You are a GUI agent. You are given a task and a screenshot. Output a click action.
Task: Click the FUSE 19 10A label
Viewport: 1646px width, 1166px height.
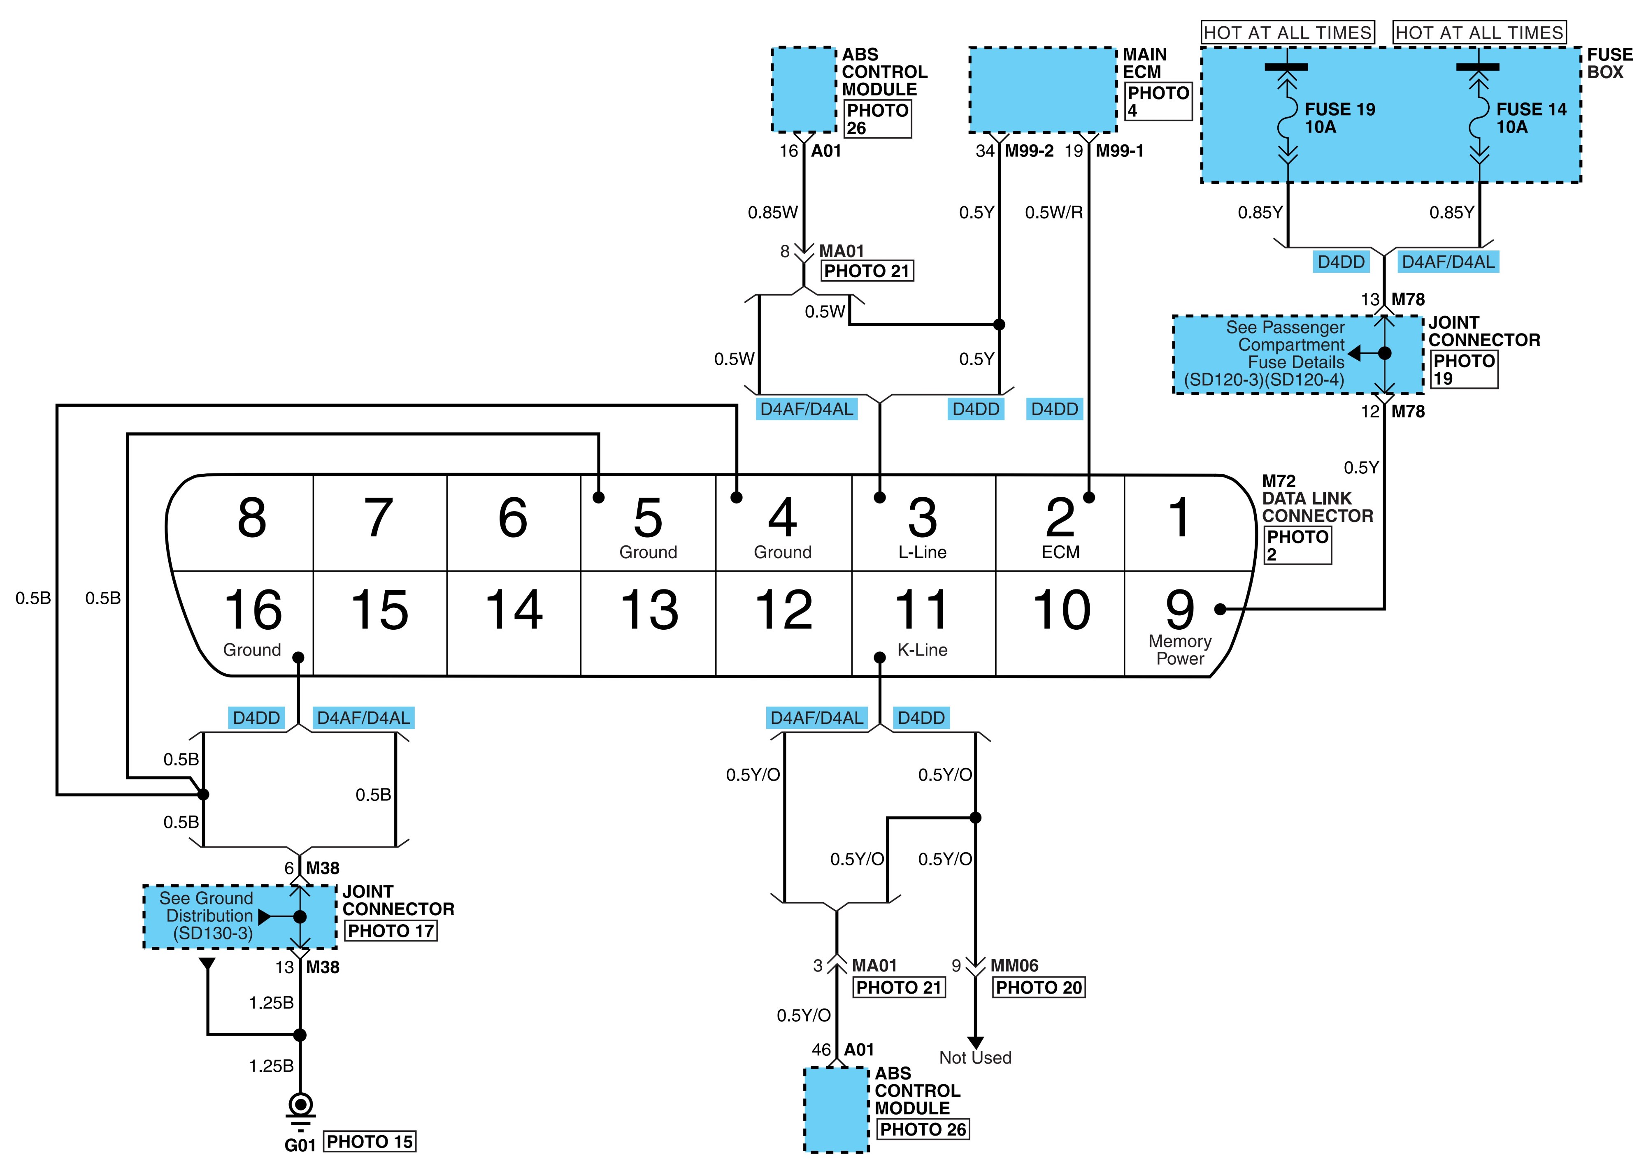pyautogui.click(x=1339, y=118)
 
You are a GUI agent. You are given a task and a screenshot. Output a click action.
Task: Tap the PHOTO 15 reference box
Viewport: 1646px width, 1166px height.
pyautogui.click(x=370, y=1142)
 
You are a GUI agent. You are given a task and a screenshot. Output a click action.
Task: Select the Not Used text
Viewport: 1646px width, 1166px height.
pyautogui.click(x=975, y=1057)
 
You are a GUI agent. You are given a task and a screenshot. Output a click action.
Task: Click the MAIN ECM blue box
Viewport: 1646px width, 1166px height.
pyautogui.click(x=1043, y=90)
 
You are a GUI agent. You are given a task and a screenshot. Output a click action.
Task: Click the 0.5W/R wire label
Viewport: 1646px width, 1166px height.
pyautogui.click(x=1053, y=213)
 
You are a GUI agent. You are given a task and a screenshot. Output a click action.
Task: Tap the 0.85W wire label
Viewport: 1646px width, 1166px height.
pyautogui.click(x=773, y=213)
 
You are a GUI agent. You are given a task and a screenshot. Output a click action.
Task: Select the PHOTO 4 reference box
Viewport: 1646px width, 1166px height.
pyautogui.click(x=1158, y=101)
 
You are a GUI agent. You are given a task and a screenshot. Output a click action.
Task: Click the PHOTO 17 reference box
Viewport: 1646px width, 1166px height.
pyautogui.click(x=391, y=931)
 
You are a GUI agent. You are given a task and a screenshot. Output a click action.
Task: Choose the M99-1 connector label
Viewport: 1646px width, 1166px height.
pyautogui.click(x=1120, y=151)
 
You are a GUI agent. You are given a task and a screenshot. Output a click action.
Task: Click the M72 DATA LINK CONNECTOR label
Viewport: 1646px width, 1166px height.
pyautogui.click(x=1317, y=498)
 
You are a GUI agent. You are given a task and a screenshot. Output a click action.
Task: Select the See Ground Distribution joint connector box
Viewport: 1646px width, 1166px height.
pyautogui.click(x=240, y=917)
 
